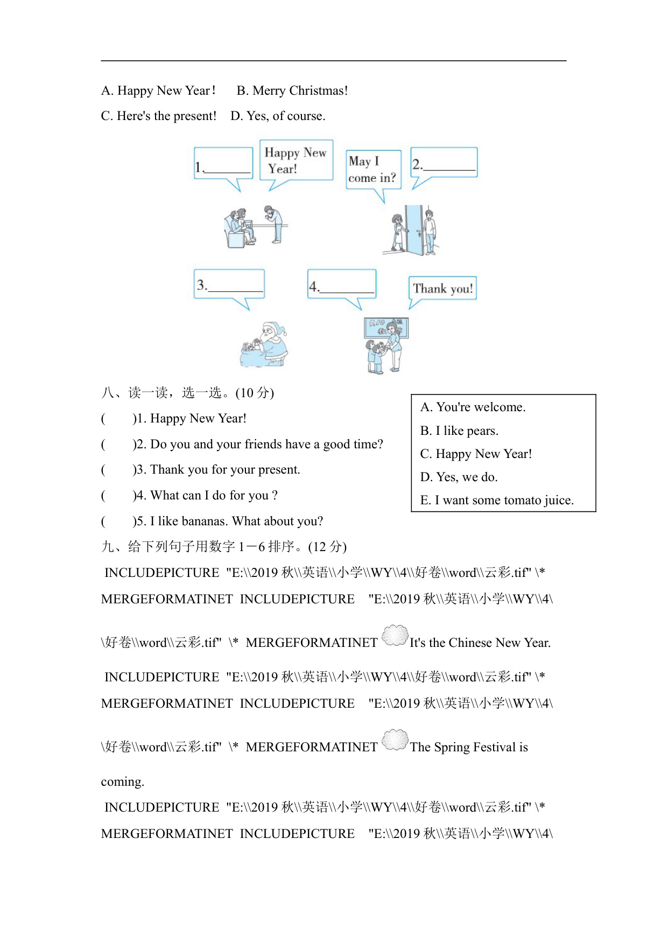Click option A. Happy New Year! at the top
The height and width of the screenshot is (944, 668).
click(x=158, y=90)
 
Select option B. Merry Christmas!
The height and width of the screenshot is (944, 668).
click(x=292, y=90)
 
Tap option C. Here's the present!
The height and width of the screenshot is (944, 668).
click(x=159, y=116)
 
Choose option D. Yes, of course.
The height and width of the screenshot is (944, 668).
click(x=278, y=116)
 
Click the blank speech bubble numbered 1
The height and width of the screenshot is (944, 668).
click(x=223, y=163)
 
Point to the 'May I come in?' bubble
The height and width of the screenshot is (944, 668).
click(x=373, y=169)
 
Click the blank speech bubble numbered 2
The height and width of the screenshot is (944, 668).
click(x=444, y=162)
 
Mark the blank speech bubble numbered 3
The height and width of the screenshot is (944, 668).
click(x=229, y=284)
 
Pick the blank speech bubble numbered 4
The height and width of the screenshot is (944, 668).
click(x=341, y=284)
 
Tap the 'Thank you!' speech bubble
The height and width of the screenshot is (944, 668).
click(x=443, y=288)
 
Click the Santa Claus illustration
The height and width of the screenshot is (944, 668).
click(x=265, y=344)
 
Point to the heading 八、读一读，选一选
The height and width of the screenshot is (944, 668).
click(x=187, y=393)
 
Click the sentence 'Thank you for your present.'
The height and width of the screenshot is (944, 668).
click(x=224, y=470)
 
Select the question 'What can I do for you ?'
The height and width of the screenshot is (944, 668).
click(x=214, y=495)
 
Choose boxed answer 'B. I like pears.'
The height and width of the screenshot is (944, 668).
click(x=459, y=431)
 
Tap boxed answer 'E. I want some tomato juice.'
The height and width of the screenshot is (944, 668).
click(x=497, y=500)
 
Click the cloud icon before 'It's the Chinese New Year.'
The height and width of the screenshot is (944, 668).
click(x=395, y=636)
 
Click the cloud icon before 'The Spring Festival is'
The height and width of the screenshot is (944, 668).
click(x=395, y=740)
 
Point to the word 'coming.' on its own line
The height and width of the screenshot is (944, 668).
click(x=123, y=781)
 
